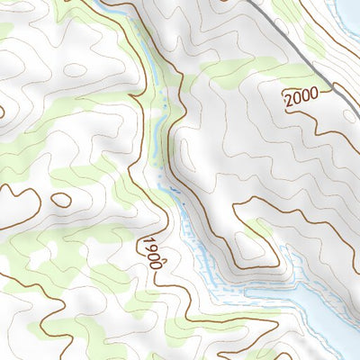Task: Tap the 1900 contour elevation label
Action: [151, 252]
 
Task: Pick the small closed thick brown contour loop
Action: [61, 200]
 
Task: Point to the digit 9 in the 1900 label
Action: [149, 247]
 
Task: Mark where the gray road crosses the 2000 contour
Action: [333, 87]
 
